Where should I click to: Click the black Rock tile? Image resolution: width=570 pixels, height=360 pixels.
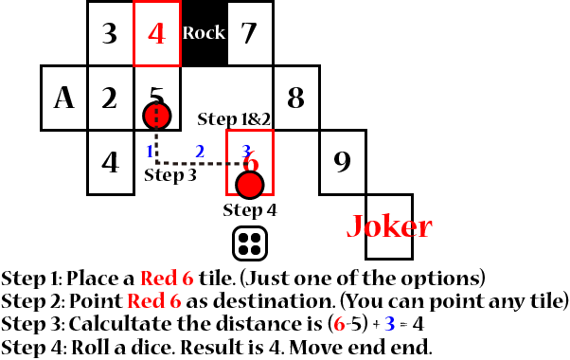tap(204, 33)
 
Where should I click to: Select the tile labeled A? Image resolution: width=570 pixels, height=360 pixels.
tap(63, 98)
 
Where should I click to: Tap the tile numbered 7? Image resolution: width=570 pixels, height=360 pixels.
tap(250, 33)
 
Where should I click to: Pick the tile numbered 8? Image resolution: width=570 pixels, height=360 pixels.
tap(295, 98)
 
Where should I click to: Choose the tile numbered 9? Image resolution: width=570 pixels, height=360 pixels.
tap(342, 161)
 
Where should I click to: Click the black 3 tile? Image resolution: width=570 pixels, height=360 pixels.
tap(110, 33)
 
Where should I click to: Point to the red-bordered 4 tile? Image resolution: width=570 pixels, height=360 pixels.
tap(157, 33)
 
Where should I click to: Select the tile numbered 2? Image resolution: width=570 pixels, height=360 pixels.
tap(110, 98)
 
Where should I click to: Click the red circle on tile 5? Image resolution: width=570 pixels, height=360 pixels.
tap(156, 116)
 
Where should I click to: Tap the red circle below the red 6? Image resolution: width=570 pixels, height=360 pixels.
tap(249, 184)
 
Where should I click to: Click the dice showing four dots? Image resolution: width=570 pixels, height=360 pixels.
tap(249, 243)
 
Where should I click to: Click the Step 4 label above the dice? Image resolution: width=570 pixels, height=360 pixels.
tap(249, 209)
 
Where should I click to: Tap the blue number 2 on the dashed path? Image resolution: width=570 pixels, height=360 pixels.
tap(199, 151)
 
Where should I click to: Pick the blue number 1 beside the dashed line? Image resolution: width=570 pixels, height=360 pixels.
tap(150, 151)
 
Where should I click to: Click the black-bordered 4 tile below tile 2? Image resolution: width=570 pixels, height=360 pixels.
tap(110, 161)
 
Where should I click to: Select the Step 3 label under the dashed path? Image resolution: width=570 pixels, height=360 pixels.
tap(170, 175)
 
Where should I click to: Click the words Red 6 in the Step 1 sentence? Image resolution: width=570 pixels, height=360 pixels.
tap(165, 279)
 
